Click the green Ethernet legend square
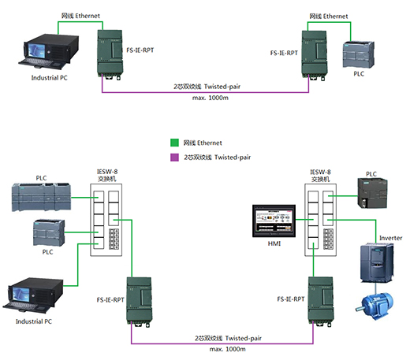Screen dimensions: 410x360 [174, 143]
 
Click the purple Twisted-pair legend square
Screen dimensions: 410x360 [174, 158]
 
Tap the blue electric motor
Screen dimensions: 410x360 [375, 306]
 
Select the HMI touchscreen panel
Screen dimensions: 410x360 [274, 221]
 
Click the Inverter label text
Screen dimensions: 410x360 [390, 238]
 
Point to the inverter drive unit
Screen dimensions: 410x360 [377, 262]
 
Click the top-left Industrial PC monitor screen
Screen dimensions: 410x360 [37, 50]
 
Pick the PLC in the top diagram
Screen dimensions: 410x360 [359, 54]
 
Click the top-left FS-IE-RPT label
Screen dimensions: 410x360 [140, 50]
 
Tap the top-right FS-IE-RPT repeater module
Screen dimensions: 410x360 [315, 54]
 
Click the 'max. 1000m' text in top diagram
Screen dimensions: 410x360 [211, 98]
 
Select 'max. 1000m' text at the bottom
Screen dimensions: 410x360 [228, 349]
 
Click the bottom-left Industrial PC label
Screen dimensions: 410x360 [34, 321]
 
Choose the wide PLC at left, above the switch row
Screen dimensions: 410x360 [41, 197]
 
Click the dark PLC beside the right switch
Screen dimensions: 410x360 [372, 193]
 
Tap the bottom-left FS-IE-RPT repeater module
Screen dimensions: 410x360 [140, 302]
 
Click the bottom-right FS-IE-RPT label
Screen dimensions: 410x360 [291, 299]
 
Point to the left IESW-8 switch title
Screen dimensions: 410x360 [107, 175]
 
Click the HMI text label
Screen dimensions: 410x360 [274, 243]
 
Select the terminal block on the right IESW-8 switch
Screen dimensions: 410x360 [328, 239]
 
